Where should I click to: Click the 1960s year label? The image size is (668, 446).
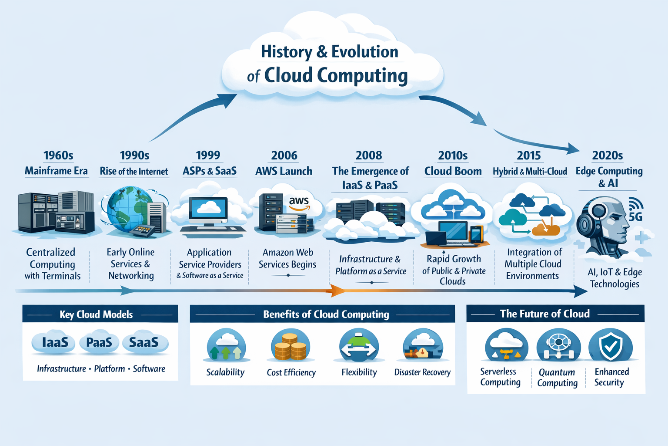coord(58,155)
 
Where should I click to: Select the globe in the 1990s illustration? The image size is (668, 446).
coord(124,209)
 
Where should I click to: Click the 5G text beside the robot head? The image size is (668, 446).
coord(635,216)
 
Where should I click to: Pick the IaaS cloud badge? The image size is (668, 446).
coord(55,343)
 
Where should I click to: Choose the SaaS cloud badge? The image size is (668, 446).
coord(144,343)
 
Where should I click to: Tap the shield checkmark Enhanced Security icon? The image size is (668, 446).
coord(611,345)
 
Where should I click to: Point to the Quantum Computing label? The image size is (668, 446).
coord(557,378)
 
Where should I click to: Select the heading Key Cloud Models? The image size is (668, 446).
coord(96,314)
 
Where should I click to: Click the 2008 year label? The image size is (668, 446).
coord(369,155)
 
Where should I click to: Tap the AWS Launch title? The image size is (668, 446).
coord(284,171)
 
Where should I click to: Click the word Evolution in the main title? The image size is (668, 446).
coord(364,52)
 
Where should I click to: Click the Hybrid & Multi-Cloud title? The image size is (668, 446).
coord(530,172)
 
